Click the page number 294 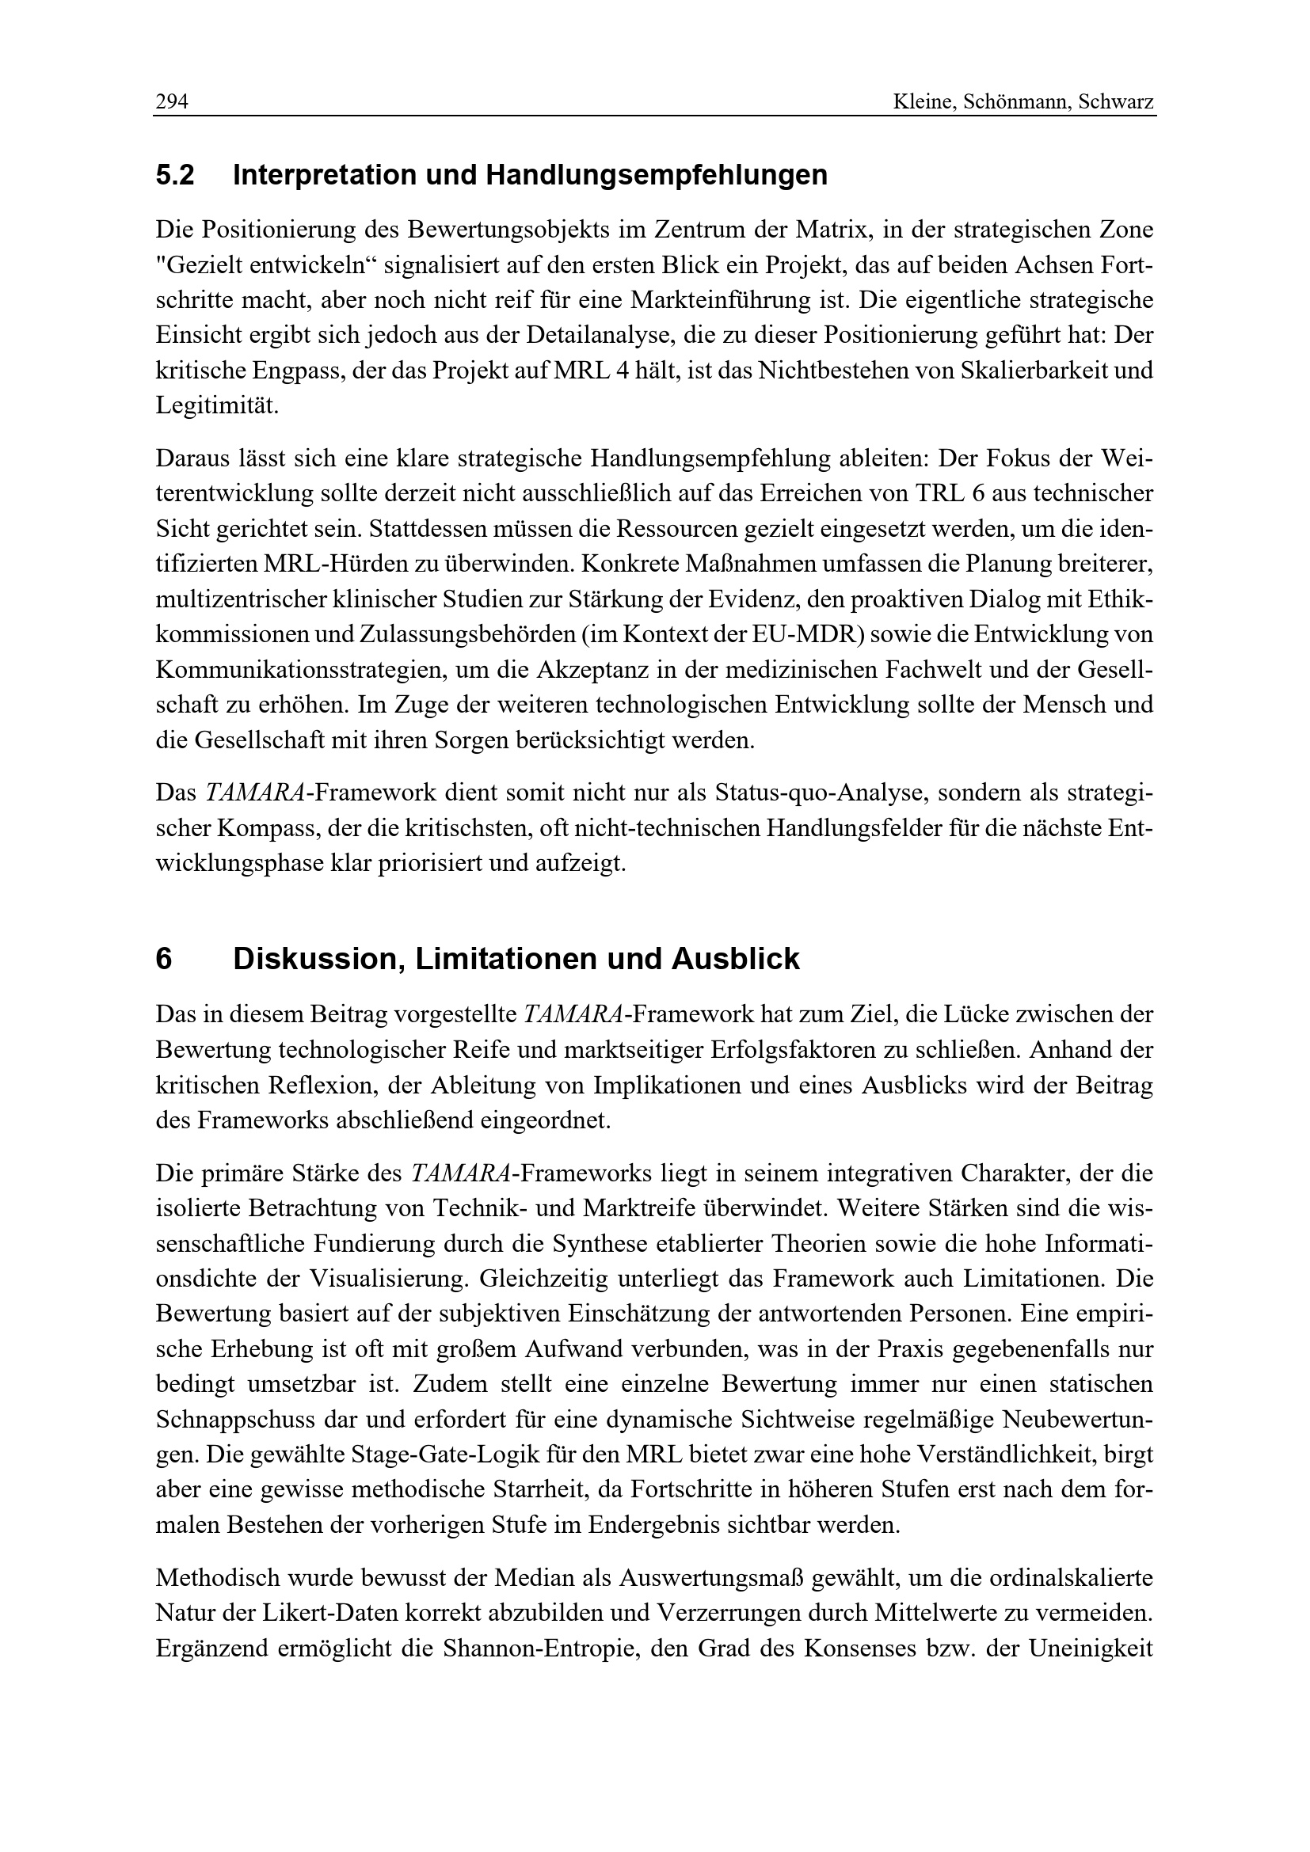coord(172,102)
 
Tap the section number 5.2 coord(175,175)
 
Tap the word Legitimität coord(216,405)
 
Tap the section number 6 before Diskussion coord(164,959)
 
